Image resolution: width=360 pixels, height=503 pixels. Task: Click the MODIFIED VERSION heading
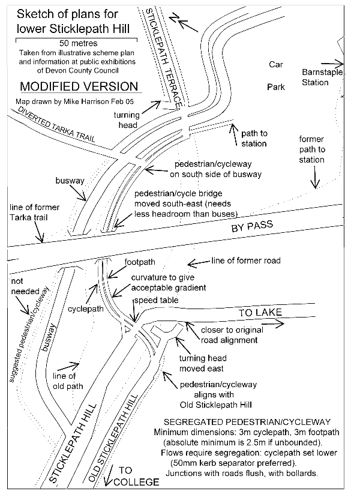pos(79,86)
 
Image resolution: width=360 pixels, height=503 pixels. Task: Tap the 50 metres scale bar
pos(76,39)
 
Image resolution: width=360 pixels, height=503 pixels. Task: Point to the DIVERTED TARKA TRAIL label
pos(56,124)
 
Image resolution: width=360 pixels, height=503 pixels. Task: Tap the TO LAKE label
pos(260,313)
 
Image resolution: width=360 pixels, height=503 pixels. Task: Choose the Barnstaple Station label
pos(322,77)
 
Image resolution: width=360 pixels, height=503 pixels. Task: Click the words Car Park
pos(276,76)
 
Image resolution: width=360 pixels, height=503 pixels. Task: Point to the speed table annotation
pos(156,300)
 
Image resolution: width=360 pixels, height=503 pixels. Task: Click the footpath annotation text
pos(140,262)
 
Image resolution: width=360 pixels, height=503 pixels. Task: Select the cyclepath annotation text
pos(86,309)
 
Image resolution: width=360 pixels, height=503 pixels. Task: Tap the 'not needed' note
pos(25,286)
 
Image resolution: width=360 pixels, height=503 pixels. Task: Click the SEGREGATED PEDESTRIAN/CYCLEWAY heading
pos(247,422)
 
